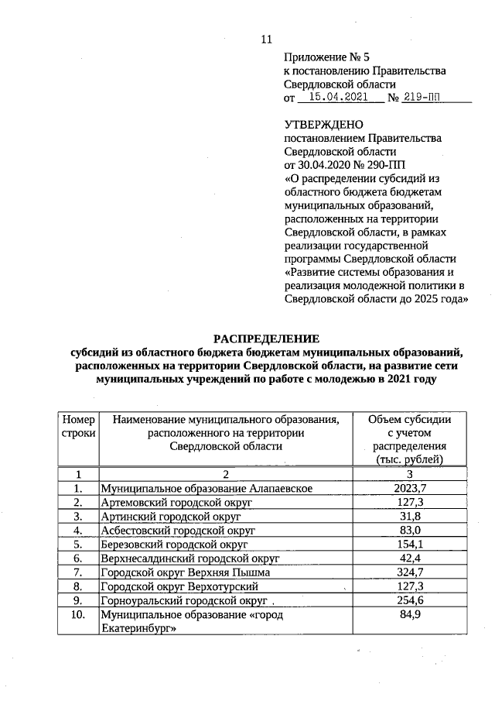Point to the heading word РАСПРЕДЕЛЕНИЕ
(266, 338)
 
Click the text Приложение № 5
(323, 57)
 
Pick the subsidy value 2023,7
(410, 488)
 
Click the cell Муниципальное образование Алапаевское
(207, 489)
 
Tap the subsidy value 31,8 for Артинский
(410, 517)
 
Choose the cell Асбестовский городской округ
(178, 531)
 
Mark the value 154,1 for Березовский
(410, 545)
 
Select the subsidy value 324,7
(410, 572)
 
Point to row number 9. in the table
(77, 600)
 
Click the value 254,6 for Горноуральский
(410, 600)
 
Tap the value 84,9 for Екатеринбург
(410, 615)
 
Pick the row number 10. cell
(77, 615)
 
